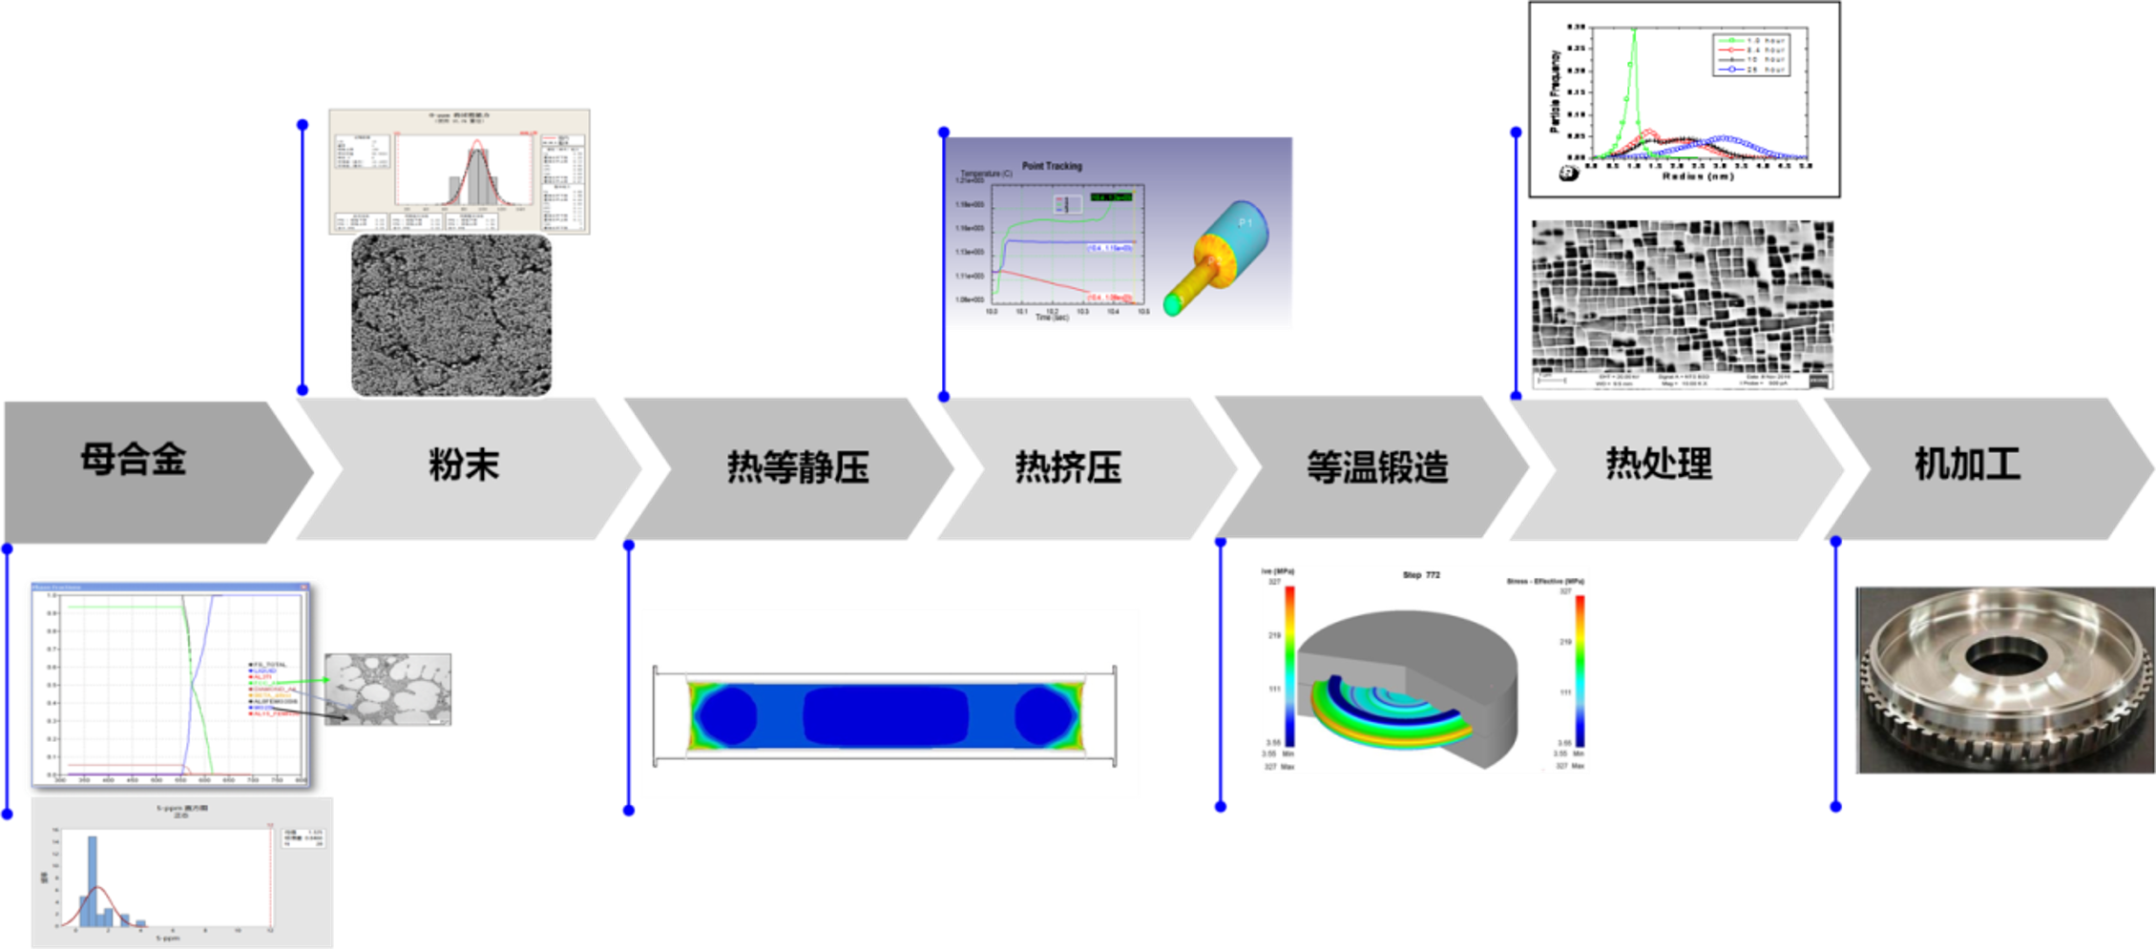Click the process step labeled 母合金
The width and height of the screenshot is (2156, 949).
(134, 460)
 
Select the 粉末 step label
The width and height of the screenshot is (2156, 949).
(464, 465)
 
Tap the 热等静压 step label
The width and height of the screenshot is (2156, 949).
(798, 467)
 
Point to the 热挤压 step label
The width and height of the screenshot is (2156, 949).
(1068, 467)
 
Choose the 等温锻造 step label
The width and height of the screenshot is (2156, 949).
(1377, 467)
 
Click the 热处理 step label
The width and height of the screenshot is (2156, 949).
(1659, 464)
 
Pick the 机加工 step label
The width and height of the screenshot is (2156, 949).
(1967, 464)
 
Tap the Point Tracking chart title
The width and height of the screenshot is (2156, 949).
(1052, 166)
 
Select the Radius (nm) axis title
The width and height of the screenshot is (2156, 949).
(1698, 176)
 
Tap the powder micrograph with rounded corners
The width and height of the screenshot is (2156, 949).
(451, 315)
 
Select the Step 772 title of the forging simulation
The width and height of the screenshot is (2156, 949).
(1421, 575)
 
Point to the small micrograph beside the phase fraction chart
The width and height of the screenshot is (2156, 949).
(388, 689)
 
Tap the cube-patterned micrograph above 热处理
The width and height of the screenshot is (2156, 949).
(1682, 303)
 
